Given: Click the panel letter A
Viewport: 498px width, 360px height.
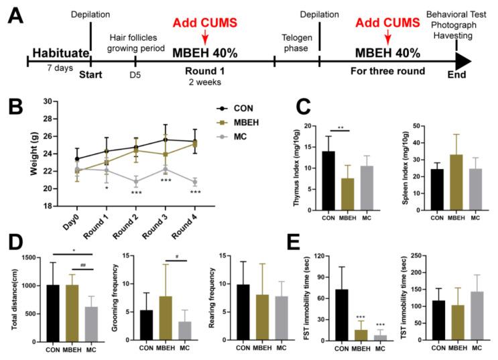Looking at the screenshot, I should [15, 15].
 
